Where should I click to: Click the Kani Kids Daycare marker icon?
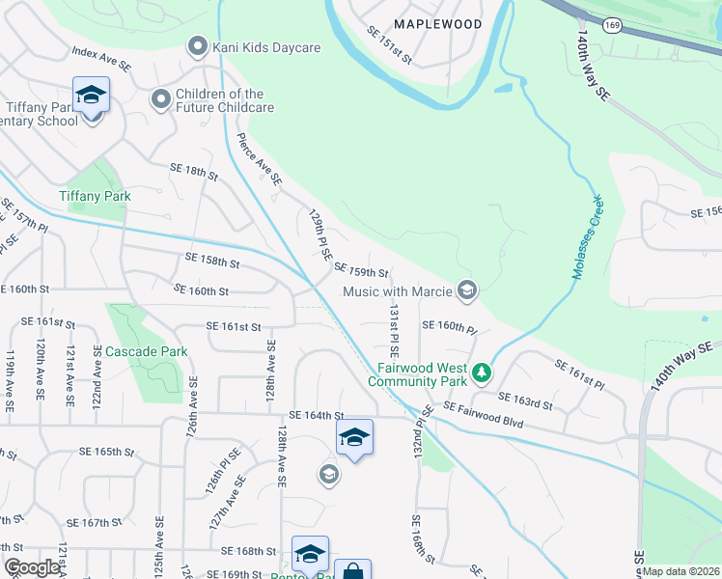pos(198,45)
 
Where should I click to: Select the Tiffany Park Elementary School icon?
pos(92,96)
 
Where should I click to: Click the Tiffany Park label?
pos(95,196)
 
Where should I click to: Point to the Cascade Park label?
pos(147,351)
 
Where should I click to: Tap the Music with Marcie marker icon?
pos(467,290)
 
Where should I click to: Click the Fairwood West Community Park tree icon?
pos(482,372)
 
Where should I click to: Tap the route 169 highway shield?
pos(612,26)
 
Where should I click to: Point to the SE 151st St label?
pos(390,46)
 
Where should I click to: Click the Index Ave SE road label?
pos(100,57)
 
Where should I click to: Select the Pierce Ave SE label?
pos(260,158)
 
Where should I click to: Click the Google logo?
pos(33,567)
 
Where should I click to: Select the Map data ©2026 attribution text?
pos(681,571)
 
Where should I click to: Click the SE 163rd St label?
pos(525,400)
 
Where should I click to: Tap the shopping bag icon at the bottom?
pos(352,571)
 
